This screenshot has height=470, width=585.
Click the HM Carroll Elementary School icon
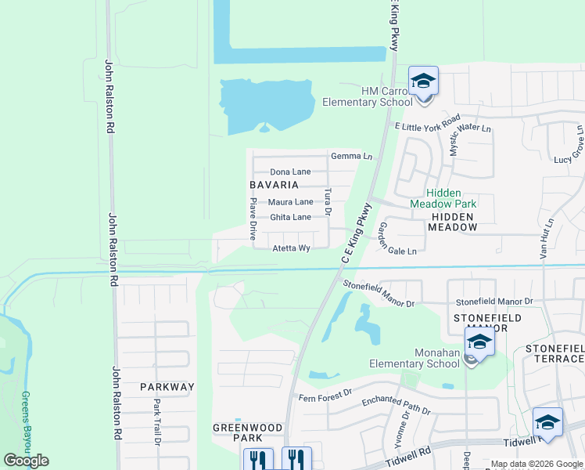[x=423, y=81]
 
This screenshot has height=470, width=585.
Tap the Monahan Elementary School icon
[x=479, y=342]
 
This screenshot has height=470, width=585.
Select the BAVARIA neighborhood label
[x=274, y=185]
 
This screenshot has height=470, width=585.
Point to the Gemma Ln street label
[x=351, y=156]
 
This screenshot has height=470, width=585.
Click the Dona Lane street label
[x=290, y=172]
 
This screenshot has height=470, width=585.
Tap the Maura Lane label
[x=290, y=202]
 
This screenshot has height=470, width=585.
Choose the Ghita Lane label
[x=290, y=217]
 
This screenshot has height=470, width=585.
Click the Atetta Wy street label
[x=292, y=248]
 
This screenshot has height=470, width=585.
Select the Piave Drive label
[x=253, y=218]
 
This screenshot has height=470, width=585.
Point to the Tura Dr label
[x=328, y=201]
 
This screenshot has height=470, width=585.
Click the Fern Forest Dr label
[x=326, y=397]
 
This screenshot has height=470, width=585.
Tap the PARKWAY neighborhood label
[x=167, y=387]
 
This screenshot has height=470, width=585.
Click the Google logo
[x=26, y=460]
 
